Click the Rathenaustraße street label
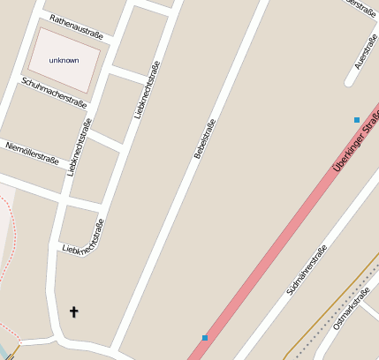(x=77, y=26)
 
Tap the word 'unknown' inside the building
(x=64, y=60)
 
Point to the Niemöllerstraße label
(x=32, y=153)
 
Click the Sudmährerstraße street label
(x=307, y=269)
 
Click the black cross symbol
(x=74, y=311)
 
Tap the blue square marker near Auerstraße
(x=357, y=119)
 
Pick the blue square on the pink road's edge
(x=205, y=337)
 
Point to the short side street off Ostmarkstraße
(x=371, y=305)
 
